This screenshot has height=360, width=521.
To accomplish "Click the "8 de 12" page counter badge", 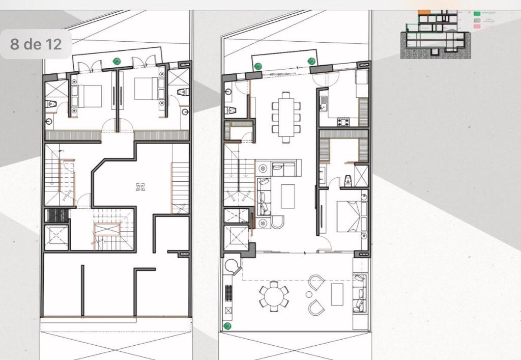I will click(36, 44).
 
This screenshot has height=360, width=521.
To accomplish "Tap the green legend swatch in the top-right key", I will click(477, 14).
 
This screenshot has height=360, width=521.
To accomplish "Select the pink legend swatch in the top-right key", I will click(477, 26).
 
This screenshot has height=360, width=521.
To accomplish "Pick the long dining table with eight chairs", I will click(286, 117).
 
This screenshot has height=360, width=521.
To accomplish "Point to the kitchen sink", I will click(323, 107).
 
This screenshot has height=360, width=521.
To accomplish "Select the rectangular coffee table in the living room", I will click(288, 196).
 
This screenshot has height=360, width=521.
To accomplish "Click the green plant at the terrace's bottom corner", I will click(227, 326).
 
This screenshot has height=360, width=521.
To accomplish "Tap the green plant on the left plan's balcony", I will click(117, 62).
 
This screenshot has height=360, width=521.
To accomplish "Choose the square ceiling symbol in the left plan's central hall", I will click(141, 187).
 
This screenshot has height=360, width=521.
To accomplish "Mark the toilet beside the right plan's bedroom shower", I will click(348, 179).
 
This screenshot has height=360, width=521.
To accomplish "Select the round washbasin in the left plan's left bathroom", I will click(49, 122).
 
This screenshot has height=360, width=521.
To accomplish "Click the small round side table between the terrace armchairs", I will click(309, 295).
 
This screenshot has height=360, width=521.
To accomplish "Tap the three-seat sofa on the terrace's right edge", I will click(360, 294).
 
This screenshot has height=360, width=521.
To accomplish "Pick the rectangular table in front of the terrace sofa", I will click(337, 294).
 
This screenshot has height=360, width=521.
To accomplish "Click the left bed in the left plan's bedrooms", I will click(90, 96).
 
